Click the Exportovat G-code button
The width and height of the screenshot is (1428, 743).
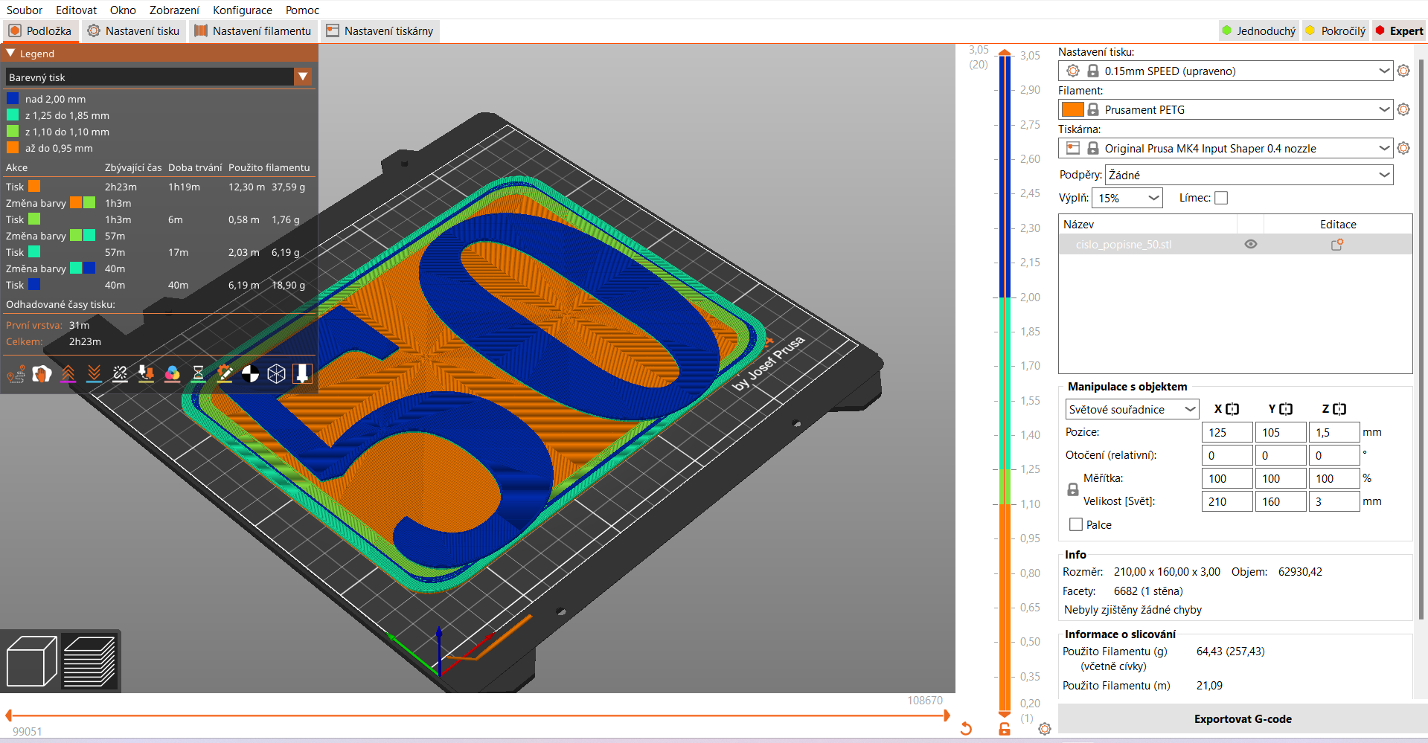coord(1242,718)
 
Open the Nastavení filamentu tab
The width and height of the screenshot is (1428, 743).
coord(253,31)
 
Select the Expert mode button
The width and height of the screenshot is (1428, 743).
coord(1399,31)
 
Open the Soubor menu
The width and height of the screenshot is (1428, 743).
coord(25,10)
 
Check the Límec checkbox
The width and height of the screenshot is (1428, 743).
coord(1221,198)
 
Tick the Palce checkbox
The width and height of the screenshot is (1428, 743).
coord(1076,524)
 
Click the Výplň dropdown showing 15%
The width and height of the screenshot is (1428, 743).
coord(1127,198)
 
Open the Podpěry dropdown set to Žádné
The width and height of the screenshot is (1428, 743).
coord(1249,175)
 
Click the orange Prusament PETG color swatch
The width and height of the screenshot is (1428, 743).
coord(1072,109)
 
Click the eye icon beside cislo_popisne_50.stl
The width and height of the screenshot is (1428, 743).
coord(1251,244)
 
